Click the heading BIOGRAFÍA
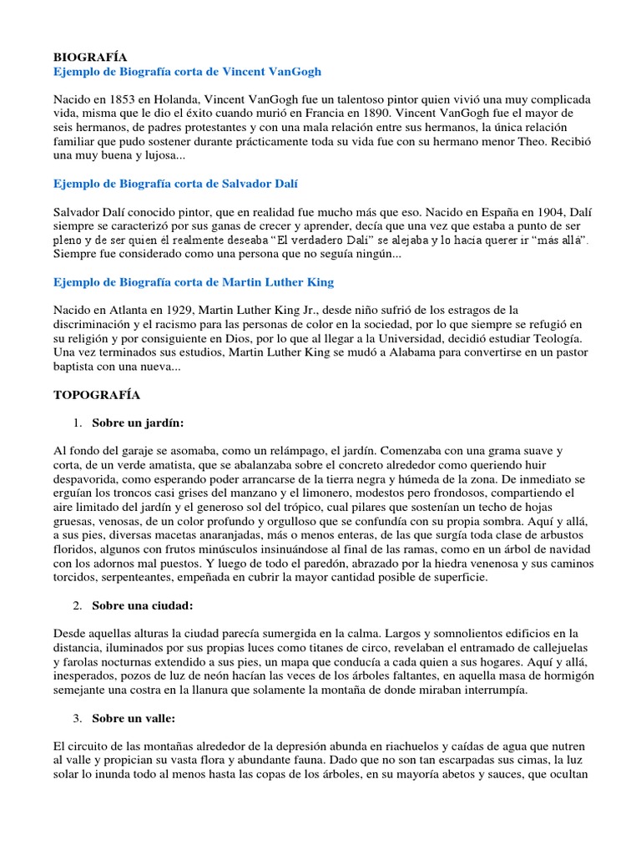[90, 58]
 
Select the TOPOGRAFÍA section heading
[96, 394]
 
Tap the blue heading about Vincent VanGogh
[187, 73]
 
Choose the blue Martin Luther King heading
[194, 283]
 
